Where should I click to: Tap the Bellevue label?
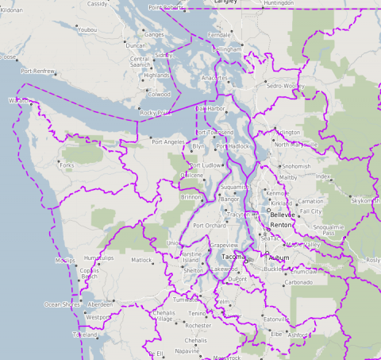pyautogui.click(x=282, y=215)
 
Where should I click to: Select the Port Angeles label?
pyautogui.click(x=167, y=141)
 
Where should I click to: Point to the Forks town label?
pyautogui.click(x=67, y=165)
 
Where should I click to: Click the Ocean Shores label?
pyautogui.click(x=61, y=304)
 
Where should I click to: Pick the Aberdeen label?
pyautogui.click(x=99, y=304)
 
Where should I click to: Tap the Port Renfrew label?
pyautogui.click(x=38, y=71)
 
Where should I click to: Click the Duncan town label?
pyautogui.click(x=114, y=46)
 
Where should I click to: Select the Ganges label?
pyautogui.click(x=154, y=35)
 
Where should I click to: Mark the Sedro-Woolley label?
pyautogui.click(x=285, y=85)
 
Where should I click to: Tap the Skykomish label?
pyautogui.click(x=366, y=201)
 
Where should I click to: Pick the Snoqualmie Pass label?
pyautogui.click(x=328, y=230)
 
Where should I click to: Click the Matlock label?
pyautogui.click(x=141, y=260)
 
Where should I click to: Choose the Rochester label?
pyautogui.click(x=198, y=325)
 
